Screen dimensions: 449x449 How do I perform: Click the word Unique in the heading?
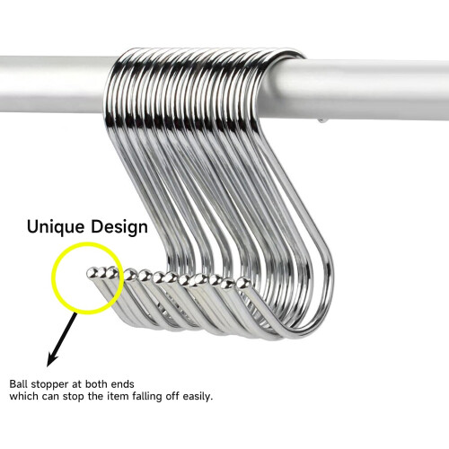[56, 227]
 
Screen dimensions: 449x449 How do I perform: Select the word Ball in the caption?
[19, 383]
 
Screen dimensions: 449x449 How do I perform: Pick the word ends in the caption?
[123, 383]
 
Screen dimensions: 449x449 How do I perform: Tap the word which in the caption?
[24, 396]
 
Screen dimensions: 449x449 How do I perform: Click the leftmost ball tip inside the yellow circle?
[91, 273]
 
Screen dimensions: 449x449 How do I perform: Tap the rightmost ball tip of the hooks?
[242, 283]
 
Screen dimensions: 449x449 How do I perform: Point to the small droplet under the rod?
[321, 121]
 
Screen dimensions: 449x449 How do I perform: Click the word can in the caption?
[50, 397]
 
